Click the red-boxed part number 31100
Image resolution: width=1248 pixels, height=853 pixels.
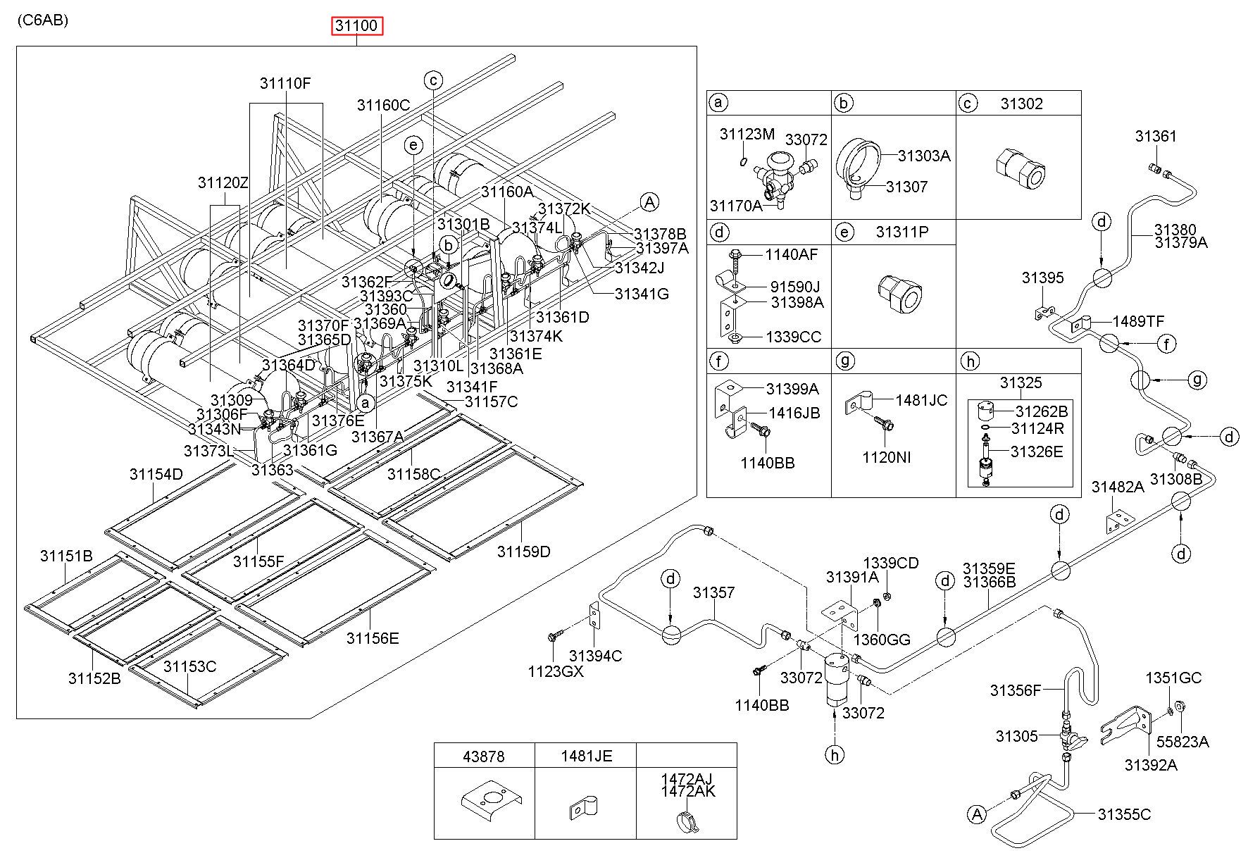[x=358, y=27]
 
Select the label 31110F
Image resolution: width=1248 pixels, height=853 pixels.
[x=285, y=83]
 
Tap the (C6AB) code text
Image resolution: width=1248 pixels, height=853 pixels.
[x=43, y=20]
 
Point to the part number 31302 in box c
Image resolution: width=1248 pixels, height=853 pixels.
[x=1021, y=104]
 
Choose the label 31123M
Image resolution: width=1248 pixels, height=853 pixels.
[x=747, y=134]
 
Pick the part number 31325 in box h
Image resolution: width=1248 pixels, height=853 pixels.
[x=1021, y=382]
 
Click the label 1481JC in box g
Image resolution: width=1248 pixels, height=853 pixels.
[x=921, y=400]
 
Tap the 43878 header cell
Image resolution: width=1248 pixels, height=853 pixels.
[x=484, y=756]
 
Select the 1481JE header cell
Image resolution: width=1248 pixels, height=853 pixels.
[x=586, y=756]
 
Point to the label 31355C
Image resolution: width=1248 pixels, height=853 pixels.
[x=1124, y=814]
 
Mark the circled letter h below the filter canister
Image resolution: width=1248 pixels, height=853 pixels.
[x=835, y=755]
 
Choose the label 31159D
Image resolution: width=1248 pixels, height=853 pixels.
[x=523, y=552]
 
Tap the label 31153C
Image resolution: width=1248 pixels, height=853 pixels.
[x=190, y=666]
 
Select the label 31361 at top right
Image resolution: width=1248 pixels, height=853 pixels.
[x=1156, y=136]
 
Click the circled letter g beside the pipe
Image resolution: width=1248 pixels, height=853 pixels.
[x=1197, y=380]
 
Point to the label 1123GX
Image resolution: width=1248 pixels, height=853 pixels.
[x=556, y=672]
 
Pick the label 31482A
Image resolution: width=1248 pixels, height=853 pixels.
[x=1118, y=487]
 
